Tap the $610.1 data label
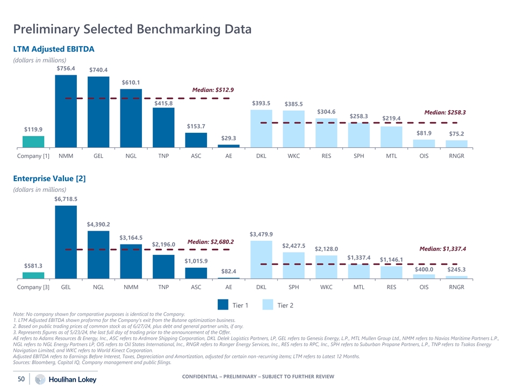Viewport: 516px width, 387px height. [x=131, y=82]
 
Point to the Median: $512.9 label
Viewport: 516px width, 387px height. [x=213, y=90]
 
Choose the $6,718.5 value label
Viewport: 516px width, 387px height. [x=66, y=199]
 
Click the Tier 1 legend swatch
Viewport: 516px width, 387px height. [x=223, y=305]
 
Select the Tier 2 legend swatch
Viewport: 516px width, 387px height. [x=268, y=305]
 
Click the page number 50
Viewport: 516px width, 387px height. [x=22, y=379]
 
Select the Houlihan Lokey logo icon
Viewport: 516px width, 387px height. [x=39, y=379]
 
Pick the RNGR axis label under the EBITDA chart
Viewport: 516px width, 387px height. [x=456, y=156]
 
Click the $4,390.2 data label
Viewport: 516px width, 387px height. [x=98, y=224]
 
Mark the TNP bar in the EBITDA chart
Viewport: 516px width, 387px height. [x=163, y=127]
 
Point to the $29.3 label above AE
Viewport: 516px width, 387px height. [x=228, y=139]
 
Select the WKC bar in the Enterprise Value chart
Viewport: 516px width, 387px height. [x=326, y=267]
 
